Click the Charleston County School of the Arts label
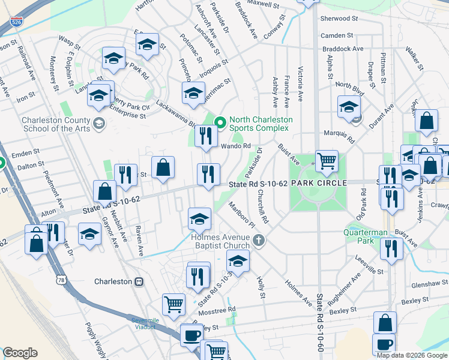pyautogui.click(x=56, y=124)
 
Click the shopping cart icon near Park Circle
pyautogui.click(x=327, y=160)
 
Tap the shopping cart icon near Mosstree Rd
pyautogui.click(x=173, y=304)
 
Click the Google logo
pyautogui.click(x=20, y=353)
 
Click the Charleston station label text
pyautogui.click(x=113, y=281)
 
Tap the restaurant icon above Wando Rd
pyautogui.click(x=205, y=136)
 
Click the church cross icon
pyautogui.click(x=259, y=241)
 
